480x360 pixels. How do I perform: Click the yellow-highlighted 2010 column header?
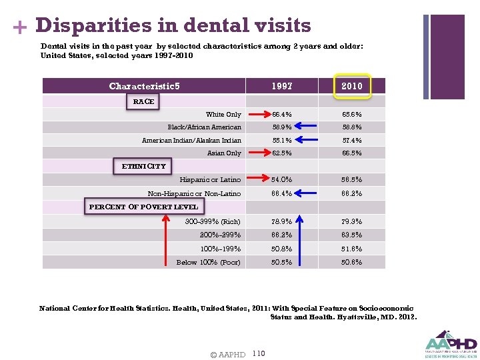pyautogui.click(x=351, y=86)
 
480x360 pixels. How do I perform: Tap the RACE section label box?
pyautogui.click(x=143, y=101)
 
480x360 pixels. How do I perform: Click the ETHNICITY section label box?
pyautogui.click(x=143, y=166)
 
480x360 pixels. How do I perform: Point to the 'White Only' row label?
pyautogui.click(x=223, y=115)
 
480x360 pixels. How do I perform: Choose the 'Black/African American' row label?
pyautogui.click(x=204, y=127)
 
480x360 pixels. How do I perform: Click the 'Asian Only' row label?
pyautogui.click(x=224, y=153)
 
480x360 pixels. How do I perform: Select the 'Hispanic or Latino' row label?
pyautogui.click(x=210, y=180)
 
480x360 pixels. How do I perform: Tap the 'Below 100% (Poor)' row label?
pyautogui.click(x=208, y=262)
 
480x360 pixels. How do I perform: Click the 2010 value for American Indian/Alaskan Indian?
pyautogui.click(x=351, y=141)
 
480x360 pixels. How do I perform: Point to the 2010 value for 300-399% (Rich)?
pyautogui.click(x=351, y=221)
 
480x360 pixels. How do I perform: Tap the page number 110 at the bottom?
pyautogui.click(x=259, y=353)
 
